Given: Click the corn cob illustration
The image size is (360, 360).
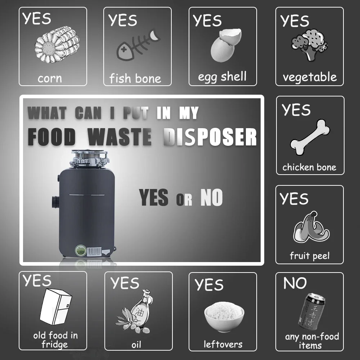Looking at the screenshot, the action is (57, 44).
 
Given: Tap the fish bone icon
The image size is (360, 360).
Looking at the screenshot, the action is (138, 45).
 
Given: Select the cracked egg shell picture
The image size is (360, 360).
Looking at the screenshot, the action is (226, 45).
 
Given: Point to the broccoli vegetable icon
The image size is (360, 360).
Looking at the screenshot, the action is (309, 45).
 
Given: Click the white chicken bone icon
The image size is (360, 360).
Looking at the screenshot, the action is (310, 137).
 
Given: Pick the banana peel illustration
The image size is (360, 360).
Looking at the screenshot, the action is (311, 227).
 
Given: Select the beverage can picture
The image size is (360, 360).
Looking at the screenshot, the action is (312, 311).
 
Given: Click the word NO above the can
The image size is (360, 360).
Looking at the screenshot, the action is (295, 283).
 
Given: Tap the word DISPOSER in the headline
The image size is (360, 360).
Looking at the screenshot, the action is (210, 137).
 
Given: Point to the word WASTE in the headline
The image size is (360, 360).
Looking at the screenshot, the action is (120, 137).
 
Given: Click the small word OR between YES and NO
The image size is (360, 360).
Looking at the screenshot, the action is (184, 199).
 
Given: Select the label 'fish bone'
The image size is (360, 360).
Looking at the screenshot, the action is (135, 78).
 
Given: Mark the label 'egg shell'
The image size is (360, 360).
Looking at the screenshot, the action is (222, 77).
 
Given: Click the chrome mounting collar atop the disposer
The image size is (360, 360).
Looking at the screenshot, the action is (89, 159).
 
